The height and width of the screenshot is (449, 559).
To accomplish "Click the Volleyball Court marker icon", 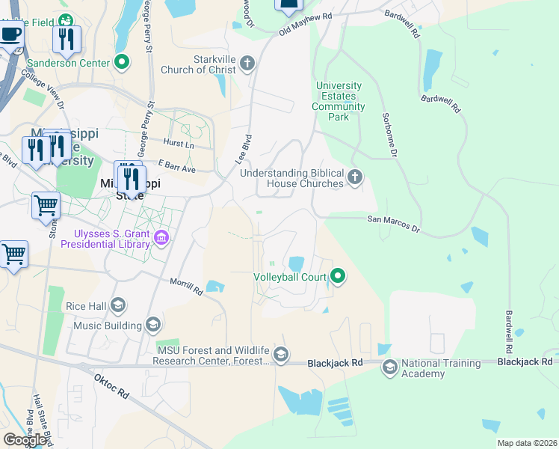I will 338,277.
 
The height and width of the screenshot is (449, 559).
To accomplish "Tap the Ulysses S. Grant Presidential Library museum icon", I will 161,239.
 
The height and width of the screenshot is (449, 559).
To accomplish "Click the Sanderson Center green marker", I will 123,63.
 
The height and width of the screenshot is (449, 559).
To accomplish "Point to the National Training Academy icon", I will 389,367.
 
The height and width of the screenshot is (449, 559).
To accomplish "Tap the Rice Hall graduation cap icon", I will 117,305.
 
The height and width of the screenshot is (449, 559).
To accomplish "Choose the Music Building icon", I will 153,325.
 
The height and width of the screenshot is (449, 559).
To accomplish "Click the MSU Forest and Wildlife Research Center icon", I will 280,355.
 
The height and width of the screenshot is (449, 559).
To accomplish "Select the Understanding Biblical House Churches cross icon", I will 355,177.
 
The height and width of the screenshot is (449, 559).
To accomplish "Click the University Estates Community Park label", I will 339,101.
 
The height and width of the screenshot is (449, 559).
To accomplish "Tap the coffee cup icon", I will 11,34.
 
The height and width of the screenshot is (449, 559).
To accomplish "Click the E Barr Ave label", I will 176,165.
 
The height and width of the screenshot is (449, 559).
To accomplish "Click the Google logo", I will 25,440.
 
